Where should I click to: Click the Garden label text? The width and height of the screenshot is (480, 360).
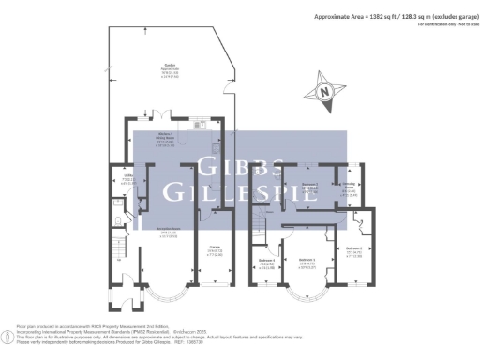coord(170,68)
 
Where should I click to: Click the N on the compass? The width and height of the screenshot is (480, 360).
coord(324,92)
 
